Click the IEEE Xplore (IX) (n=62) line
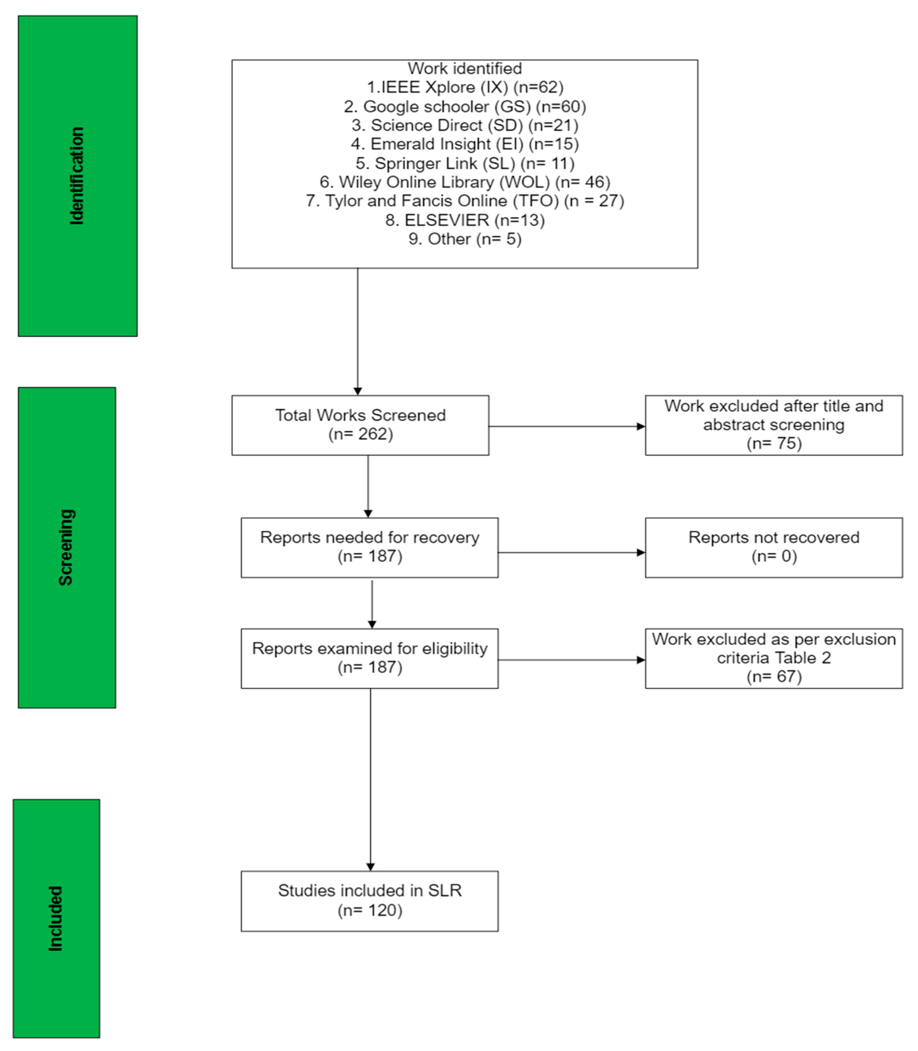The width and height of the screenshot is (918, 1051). pos(465,87)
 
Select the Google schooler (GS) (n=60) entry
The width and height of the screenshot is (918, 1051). pos(465,107)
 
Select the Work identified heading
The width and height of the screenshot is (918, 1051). pos(465,68)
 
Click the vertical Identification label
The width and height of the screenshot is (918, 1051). pos(77,176)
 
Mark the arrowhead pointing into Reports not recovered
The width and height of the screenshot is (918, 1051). pos(641,553)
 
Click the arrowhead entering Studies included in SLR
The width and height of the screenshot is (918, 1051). pos(370,867)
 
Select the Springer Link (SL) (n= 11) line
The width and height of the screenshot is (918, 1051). pos(465,163)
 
